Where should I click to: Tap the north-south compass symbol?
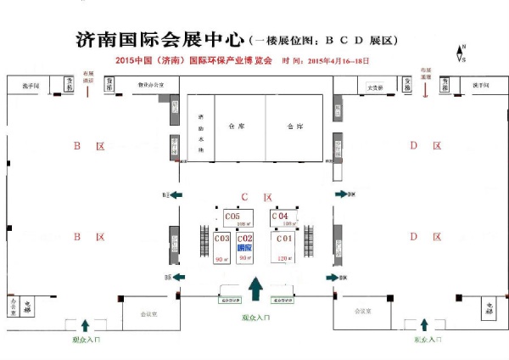point(461,53)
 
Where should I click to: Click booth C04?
point(282,219)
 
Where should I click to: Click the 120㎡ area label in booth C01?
point(284,258)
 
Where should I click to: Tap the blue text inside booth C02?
point(245,247)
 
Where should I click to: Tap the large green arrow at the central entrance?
point(255,289)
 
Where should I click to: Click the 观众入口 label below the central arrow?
point(255,318)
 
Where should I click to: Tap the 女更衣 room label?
point(374,87)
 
